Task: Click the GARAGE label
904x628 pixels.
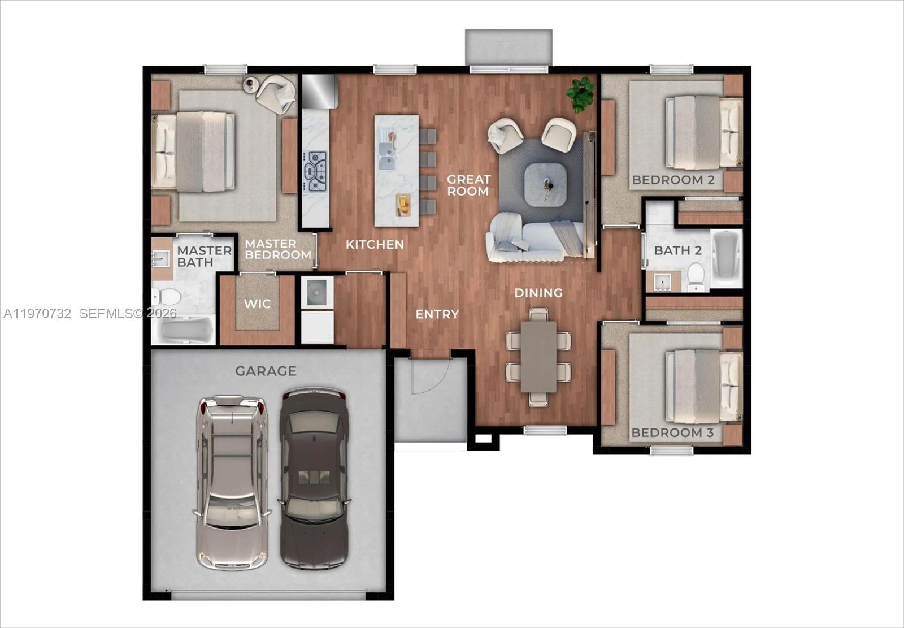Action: (x=266, y=371)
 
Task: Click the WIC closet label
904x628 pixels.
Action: (x=257, y=304)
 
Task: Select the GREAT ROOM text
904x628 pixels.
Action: (x=468, y=185)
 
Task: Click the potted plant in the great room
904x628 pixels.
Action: (x=581, y=93)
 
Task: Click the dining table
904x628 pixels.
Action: (x=538, y=356)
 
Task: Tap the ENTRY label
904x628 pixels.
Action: (x=437, y=314)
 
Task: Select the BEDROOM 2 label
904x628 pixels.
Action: (x=673, y=180)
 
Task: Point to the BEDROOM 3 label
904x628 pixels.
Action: (x=672, y=433)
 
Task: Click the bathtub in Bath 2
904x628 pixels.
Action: (x=726, y=257)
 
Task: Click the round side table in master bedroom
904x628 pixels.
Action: (x=250, y=85)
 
